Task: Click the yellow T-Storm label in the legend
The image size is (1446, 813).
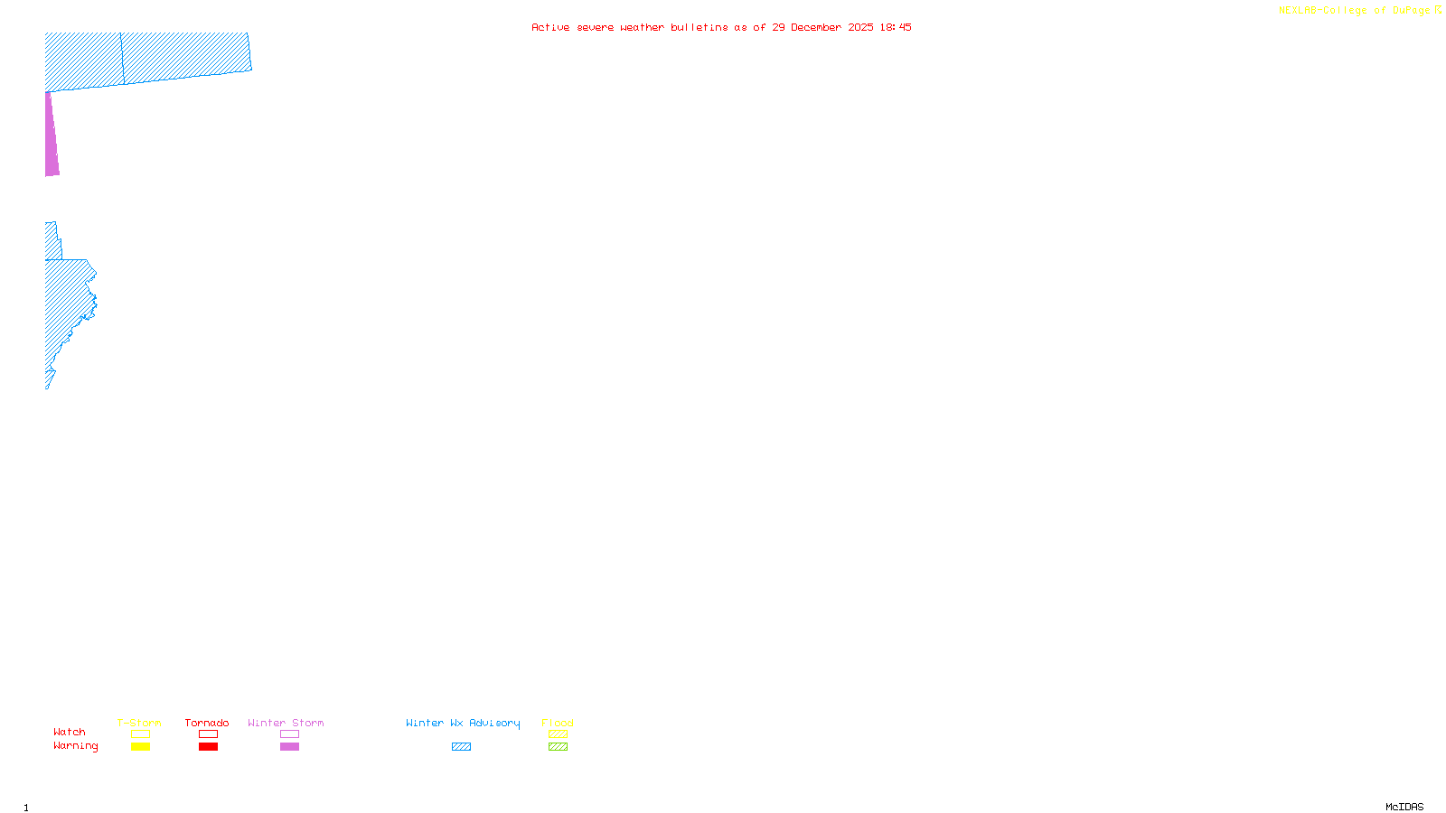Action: pyautogui.click(x=139, y=723)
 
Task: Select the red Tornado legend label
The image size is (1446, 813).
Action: pyautogui.click(x=207, y=723)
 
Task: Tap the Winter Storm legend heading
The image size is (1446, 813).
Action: pyautogui.click(x=286, y=723)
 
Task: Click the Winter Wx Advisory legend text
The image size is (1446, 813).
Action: pyautogui.click(x=463, y=723)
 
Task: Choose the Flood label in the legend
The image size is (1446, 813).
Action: pyautogui.click(x=558, y=723)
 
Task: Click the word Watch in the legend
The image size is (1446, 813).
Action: pyautogui.click(x=70, y=732)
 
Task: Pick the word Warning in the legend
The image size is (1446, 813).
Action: pyautogui.click(x=76, y=746)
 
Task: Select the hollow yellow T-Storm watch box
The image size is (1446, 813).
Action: pyautogui.click(x=140, y=734)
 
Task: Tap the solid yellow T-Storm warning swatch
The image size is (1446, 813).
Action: pyautogui.click(x=140, y=747)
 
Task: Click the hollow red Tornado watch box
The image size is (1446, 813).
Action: pyautogui.click(x=208, y=734)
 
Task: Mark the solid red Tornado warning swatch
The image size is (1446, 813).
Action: pyautogui.click(x=208, y=747)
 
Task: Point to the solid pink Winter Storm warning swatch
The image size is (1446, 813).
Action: pyautogui.click(x=289, y=747)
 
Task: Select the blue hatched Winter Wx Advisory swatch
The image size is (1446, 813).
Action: pyautogui.click(x=461, y=747)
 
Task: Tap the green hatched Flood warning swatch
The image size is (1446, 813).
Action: pyautogui.click(x=558, y=747)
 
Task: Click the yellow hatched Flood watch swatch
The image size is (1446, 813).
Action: pyautogui.click(x=558, y=734)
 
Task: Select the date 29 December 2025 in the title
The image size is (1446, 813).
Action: pyautogui.click(x=822, y=27)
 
